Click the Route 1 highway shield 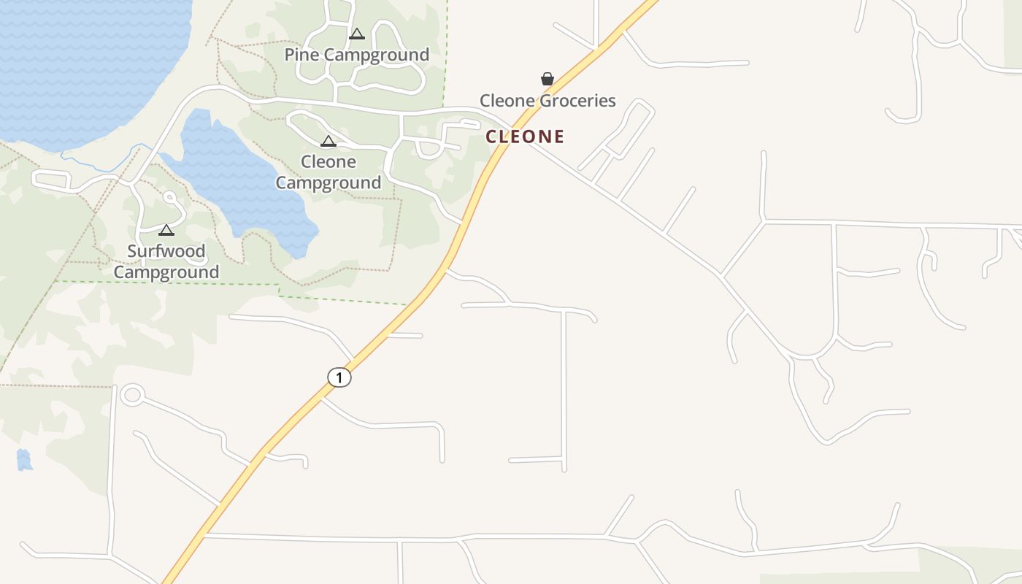pos(339,377)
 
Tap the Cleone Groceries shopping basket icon pos(547,79)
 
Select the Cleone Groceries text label pos(547,101)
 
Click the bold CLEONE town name pos(525,137)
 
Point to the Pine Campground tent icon pos(356,34)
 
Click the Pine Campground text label pos(356,55)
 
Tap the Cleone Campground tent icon pos(328,141)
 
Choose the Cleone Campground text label pos(328,172)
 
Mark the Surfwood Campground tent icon pos(166,231)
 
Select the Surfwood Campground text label pos(166,261)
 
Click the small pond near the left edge pos(24,460)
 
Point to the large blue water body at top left pos(80,66)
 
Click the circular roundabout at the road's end pos(132,395)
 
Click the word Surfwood pos(166,251)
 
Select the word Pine pos(301,55)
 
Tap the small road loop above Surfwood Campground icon pos(171,197)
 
